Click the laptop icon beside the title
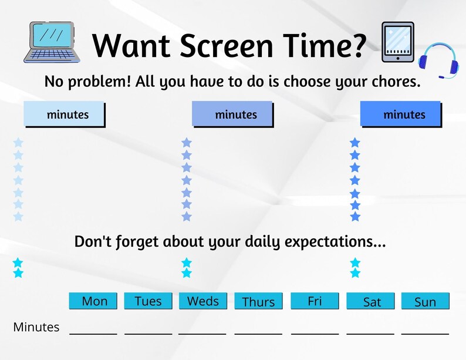(x=50, y=42)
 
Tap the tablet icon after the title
(x=397, y=42)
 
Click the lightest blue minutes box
(x=64, y=115)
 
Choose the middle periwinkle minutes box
(x=232, y=115)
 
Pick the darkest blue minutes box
(x=400, y=115)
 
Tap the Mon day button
(x=94, y=301)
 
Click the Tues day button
(x=148, y=301)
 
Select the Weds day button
(x=202, y=301)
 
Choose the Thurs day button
(x=258, y=301)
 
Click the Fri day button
(x=315, y=301)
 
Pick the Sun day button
(x=425, y=301)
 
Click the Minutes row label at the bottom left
(x=36, y=327)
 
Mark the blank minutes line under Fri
(x=315, y=332)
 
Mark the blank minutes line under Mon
(x=93, y=332)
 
